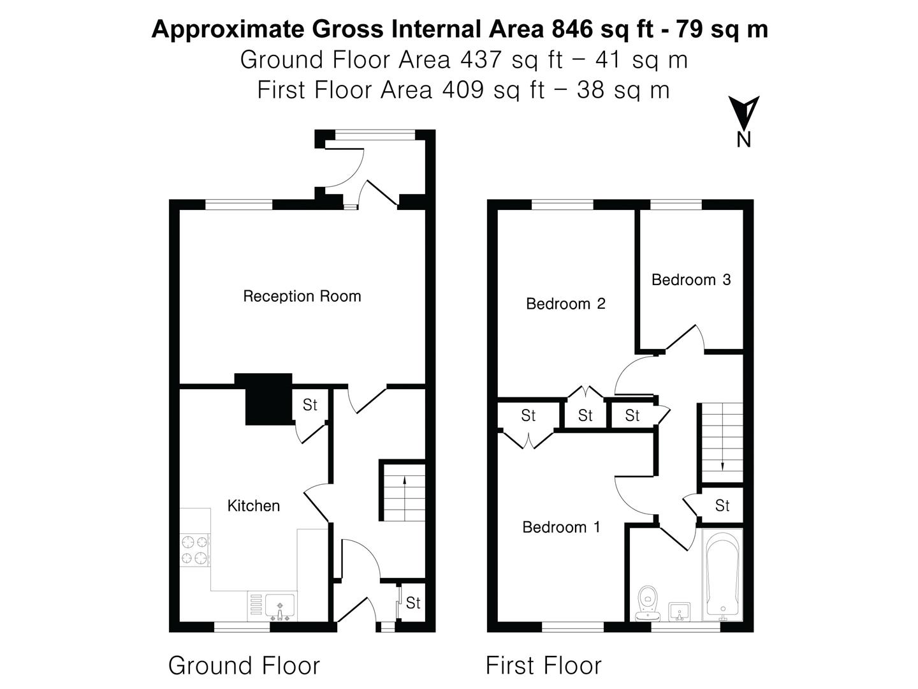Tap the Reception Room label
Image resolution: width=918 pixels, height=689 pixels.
coord(302,296)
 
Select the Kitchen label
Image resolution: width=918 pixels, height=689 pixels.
coord(253,506)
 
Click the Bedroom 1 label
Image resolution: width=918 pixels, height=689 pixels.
coord(561,527)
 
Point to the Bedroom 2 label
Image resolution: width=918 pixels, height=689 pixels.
coord(565,304)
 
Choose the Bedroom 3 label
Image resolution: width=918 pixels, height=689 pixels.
coord(691,279)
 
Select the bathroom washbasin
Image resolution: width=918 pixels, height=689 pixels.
coord(680,611)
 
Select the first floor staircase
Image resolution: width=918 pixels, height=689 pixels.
coord(722,442)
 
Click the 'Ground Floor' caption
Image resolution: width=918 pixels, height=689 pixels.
coord(244,665)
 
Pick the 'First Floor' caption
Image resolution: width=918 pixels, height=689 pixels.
coord(543,665)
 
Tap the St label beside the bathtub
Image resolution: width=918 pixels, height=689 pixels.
coord(722,506)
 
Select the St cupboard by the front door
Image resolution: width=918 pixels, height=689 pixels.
coord(413,603)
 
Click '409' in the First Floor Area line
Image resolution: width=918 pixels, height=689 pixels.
coord(462,90)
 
